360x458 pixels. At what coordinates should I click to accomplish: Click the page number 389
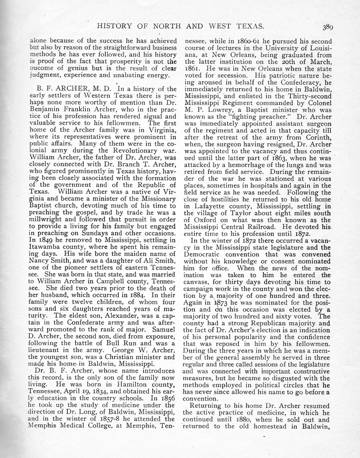tap(327, 27)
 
